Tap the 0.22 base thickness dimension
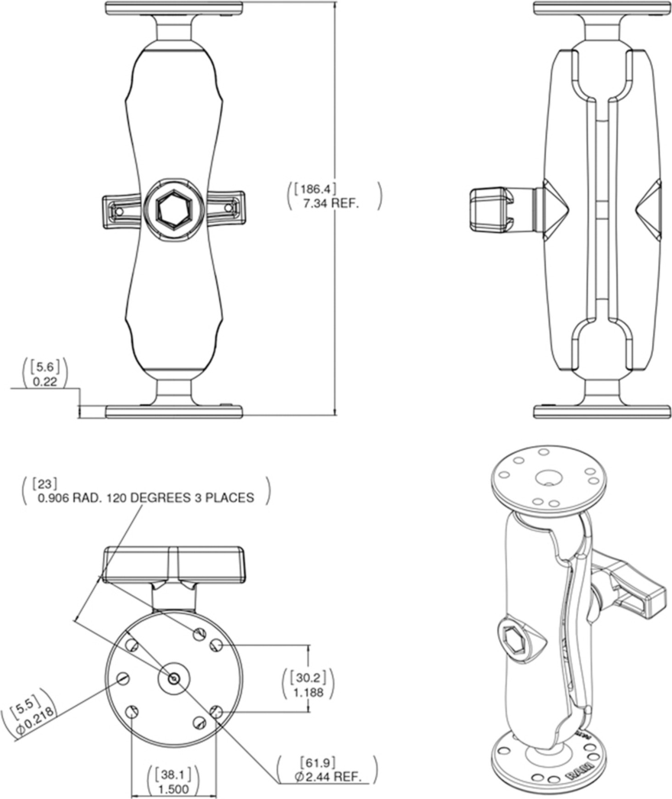[x=45, y=381]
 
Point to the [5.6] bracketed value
[x=45, y=367]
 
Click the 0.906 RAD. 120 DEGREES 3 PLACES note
[x=146, y=497]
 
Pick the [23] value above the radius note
[x=44, y=483]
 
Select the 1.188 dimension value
[x=309, y=693]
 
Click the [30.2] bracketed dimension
[x=309, y=678]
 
